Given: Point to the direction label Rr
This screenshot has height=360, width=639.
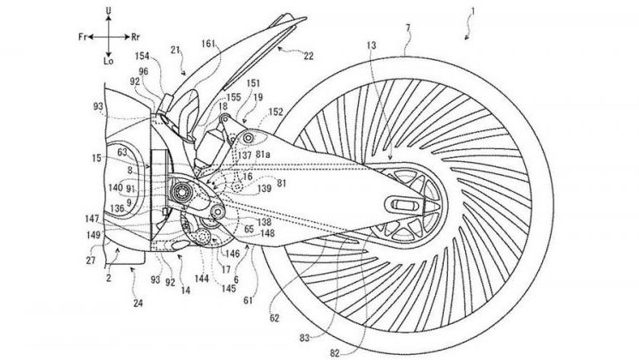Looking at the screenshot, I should (x=138, y=38).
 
